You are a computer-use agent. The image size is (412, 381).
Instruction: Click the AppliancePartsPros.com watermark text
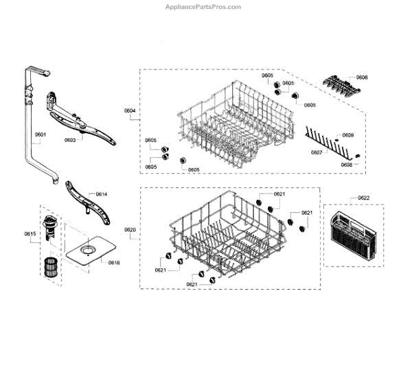[x=204, y=7]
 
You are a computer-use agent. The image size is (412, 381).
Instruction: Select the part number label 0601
[x=41, y=135]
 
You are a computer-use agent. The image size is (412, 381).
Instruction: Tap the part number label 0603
[x=70, y=140]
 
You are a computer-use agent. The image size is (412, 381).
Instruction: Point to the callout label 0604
[x=130, y=110]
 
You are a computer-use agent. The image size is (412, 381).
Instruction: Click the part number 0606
[x=361, y=78]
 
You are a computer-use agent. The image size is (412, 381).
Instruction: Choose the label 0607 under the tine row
[x=317, y=152]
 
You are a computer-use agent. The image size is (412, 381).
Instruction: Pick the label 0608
[x=346, y=165]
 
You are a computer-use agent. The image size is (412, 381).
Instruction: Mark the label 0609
[x=348, y=135]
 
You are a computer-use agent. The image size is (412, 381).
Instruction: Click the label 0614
[x=101, y=194]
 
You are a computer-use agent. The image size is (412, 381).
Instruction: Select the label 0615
[x=30, y=234]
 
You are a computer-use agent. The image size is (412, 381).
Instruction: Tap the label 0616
[x=114, y=263]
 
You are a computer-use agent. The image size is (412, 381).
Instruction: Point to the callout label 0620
[x=130, y=229]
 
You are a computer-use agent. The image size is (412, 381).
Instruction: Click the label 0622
[x=363, y=198]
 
